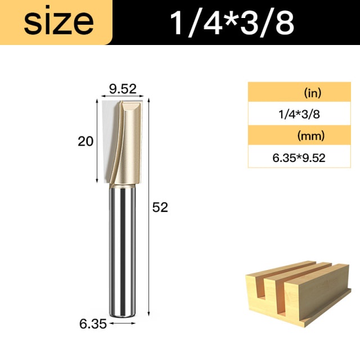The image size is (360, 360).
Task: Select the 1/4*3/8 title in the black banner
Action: coord(232,22)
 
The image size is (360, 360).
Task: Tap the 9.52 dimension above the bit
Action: coord(123,89)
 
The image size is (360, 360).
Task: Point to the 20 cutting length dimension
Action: coord(85,141)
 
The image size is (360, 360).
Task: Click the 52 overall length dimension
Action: coord(160,207)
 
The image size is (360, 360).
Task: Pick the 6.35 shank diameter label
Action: coord(93,324)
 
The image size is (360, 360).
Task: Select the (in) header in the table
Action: coord(313,93)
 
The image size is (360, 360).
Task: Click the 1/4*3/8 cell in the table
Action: coord(299,114)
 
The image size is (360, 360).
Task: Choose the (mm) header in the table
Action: coord(311,136)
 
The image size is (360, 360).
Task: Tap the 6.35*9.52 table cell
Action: coord(299,158)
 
